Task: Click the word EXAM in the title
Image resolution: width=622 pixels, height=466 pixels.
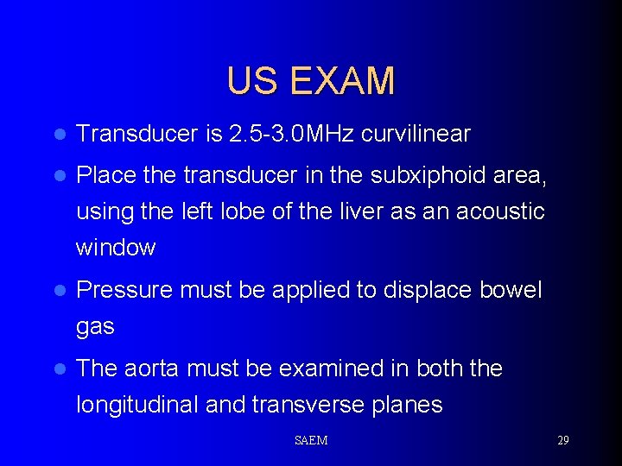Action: [342, 81]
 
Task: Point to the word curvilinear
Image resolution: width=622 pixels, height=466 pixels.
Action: [416, 134]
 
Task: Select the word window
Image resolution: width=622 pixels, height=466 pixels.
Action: [116, 248]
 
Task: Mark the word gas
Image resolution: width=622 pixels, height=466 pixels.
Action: [95, 328]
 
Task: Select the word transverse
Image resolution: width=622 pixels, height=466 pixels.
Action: [314, 405]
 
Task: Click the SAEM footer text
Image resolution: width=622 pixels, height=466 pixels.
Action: [311, 440]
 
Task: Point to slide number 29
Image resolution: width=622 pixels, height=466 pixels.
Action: [562, 440]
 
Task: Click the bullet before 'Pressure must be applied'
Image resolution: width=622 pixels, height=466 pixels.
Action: [59, 291]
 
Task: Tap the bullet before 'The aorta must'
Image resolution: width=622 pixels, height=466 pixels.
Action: [59, 369]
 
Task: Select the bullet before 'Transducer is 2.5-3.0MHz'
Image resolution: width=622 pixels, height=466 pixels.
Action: [59, 135]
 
